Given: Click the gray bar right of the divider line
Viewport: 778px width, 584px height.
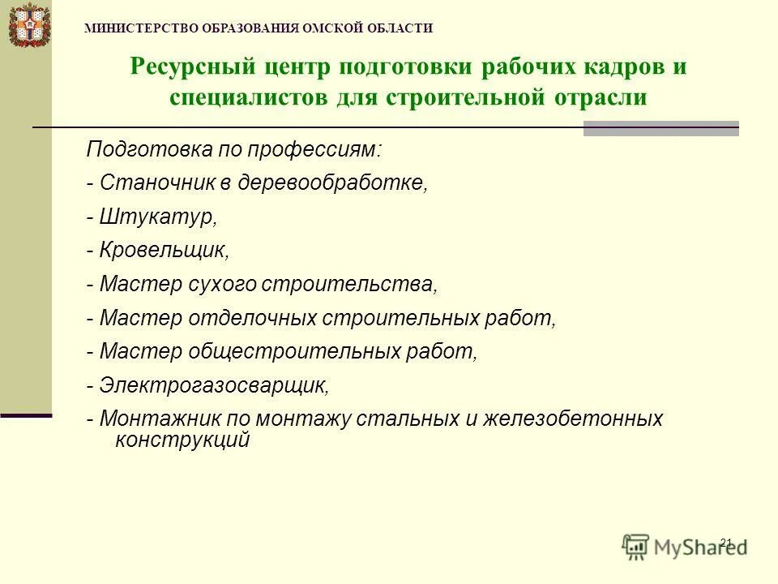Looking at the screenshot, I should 660,128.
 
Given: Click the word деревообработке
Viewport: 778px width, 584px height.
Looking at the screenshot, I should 332,182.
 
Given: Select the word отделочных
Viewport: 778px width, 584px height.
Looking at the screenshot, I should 252,318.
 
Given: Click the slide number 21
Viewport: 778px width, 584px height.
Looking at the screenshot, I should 725,542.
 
